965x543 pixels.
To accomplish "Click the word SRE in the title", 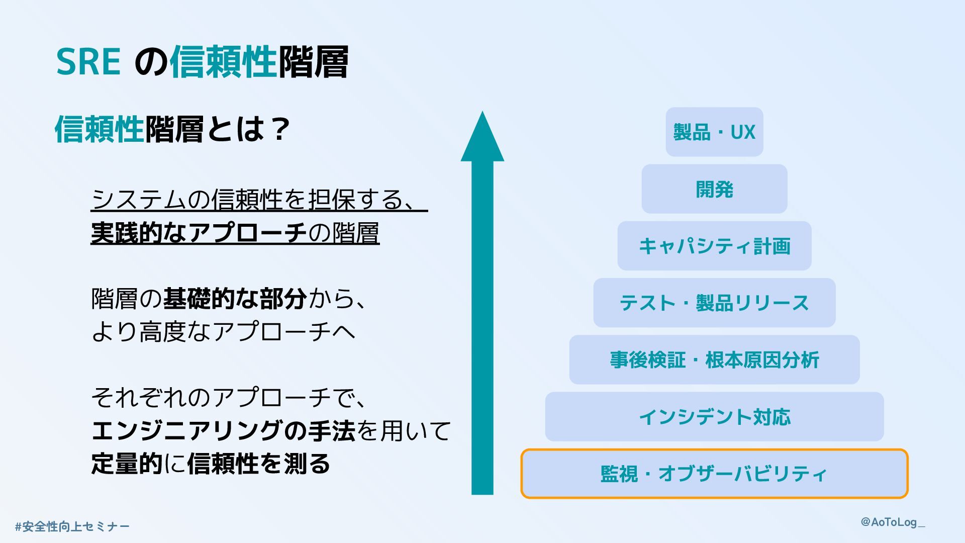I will click(88, 62).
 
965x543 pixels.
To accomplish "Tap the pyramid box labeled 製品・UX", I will click(714, 132).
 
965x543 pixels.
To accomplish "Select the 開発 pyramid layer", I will click(714, 189).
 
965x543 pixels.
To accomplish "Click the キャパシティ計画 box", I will click(714, 246).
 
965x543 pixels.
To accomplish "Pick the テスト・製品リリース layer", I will click(714, 303).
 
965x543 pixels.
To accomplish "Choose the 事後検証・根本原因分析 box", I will click(714, 360).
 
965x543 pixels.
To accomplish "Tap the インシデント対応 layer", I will click(714, 417).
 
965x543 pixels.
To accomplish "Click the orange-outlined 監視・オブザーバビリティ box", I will click(714, 474).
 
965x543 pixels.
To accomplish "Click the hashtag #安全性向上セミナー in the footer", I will click(72, 526).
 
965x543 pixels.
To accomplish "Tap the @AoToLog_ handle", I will click(893, 522).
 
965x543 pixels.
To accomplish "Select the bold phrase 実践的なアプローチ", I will click(199, 232).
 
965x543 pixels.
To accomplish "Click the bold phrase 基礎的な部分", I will click(235, 299).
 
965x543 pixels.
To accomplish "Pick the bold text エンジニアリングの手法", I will click(223, 430).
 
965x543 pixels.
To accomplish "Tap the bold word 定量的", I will click(127, 463).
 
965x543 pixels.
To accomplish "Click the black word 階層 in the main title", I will click(313, 62).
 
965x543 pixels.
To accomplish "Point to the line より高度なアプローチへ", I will click(223, 331).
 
